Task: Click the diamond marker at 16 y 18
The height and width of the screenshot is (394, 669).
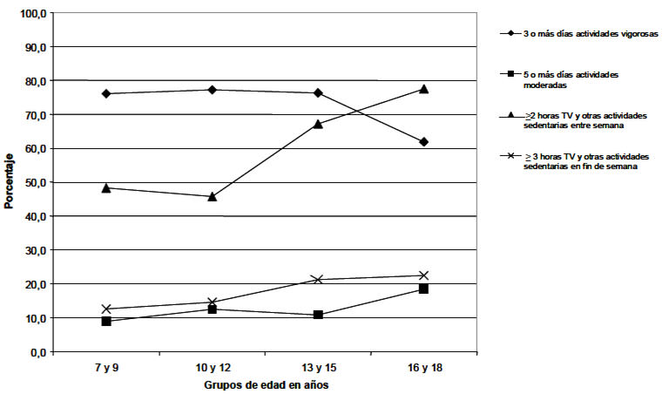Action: point(423,141)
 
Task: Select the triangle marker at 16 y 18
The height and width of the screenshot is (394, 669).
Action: point(423,89)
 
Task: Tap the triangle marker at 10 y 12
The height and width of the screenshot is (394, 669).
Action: point(212,196)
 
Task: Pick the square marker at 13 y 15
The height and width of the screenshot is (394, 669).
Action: point(318,315)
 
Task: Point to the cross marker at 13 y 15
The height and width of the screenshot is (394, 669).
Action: point(318,279)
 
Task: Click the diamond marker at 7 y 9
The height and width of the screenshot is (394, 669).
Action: point(106,93)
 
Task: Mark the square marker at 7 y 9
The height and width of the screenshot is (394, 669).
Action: point(106,321)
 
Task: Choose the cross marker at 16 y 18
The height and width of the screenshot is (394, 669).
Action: point(423,275)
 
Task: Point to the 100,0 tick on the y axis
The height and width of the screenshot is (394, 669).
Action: point(37,13)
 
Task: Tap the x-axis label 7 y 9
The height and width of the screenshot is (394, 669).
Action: point(106,367)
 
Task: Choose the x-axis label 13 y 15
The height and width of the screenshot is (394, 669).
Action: point(318,367)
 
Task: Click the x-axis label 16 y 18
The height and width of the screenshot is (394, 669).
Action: point(423,367)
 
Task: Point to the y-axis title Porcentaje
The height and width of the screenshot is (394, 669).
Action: point(10,182)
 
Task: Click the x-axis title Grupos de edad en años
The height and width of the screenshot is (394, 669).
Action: point(265,384)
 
